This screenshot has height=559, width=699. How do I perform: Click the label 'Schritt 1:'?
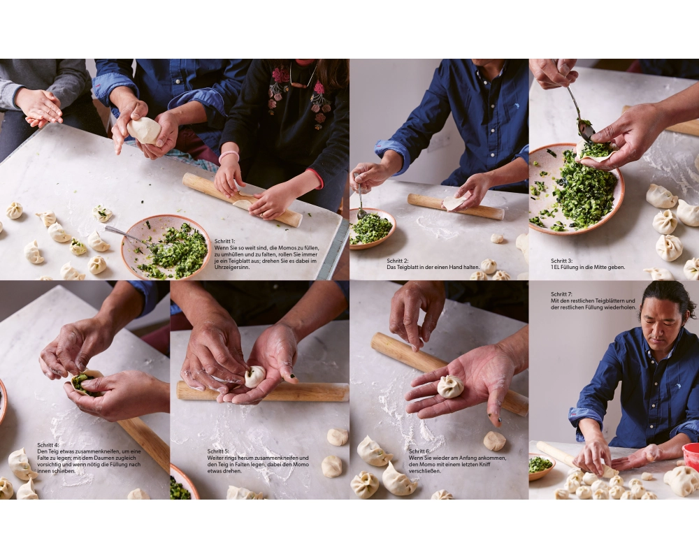pyautogui.click(x=224, y=241)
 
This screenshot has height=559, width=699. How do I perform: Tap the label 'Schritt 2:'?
pyautogui.click(x=397, y=261)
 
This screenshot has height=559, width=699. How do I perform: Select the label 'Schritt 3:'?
pyautogui.click(x=561, y=261)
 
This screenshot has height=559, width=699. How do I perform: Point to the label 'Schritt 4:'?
pyautogui.click(x=48, y=445)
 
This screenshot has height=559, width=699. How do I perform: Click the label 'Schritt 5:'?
pyautogui.click(x=218, y=451)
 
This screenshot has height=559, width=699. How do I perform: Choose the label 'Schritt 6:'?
pyautogui.click(x=419, y=451)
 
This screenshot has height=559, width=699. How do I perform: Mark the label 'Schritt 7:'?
pyautogui.click(x=561, y=294)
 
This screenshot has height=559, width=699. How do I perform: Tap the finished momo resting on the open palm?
pyautogui.click(x=450, y=386)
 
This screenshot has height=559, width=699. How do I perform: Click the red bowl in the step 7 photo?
pyautogui.click(x=691, y=456)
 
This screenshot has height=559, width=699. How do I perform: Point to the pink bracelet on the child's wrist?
pyautogui.click(x=229, y=156)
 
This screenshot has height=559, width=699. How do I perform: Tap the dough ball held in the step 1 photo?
pyautogui.click(x=143, y=130)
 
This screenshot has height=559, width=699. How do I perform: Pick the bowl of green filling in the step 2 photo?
pyautogui.click(x=373, y=228)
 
